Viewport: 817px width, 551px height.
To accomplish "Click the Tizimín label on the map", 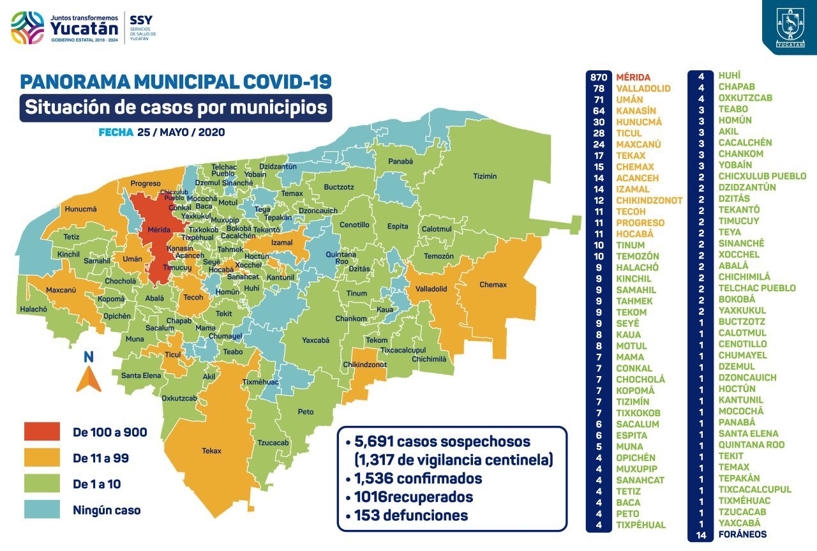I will (485, 176).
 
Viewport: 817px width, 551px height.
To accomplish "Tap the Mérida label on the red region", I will (158, 229).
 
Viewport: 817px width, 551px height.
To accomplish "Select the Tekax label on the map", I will (211, 451).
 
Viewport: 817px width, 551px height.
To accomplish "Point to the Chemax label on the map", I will (492, 285).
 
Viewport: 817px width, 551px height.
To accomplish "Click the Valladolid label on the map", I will (431, 289).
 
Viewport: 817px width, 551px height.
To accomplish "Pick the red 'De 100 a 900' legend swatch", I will (42, 432).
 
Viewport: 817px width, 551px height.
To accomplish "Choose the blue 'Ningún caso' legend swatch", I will (42, 509).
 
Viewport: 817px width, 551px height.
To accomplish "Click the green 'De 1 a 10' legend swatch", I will (42, 484).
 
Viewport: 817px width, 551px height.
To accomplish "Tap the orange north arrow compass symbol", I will (89, 380).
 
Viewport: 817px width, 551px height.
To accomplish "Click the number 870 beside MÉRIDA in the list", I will (599, 77).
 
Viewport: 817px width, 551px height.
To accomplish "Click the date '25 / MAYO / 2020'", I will (181, 133).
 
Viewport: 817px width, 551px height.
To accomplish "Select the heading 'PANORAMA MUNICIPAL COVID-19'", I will (176, 82).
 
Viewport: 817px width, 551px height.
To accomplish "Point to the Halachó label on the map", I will (33, 309).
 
